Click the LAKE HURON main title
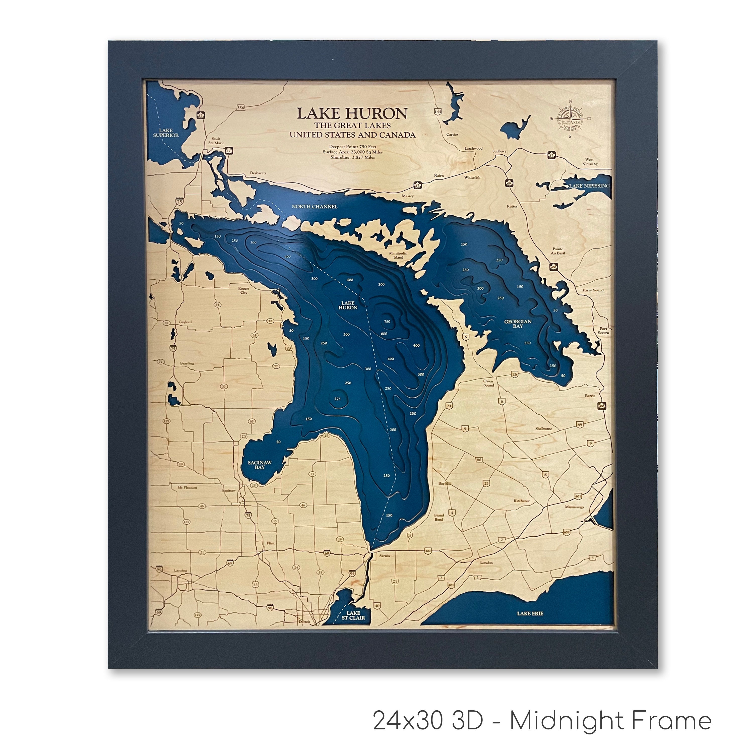click(352, 113)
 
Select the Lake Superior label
click(166, 133)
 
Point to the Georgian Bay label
click(518, 324)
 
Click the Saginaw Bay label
click(260, 465)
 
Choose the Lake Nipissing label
click(589, 186)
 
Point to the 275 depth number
click(337, 399)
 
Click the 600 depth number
click(384, 334)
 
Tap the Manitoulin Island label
click(398, 255)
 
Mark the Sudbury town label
click(499, 151)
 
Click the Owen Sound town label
click(488, 383)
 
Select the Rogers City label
click(243, 290)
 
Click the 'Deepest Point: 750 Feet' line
click(352, 147)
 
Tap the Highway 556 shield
click(241, 108)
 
